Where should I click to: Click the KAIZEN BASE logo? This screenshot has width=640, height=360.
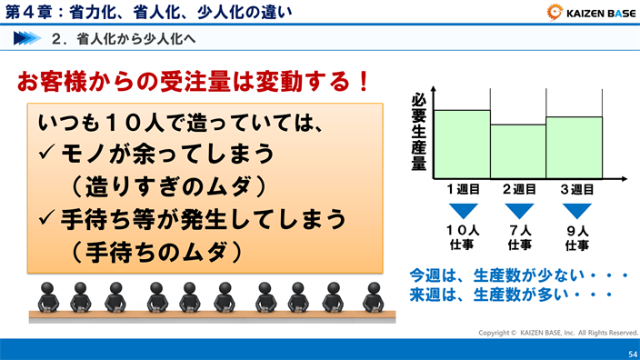(x=590, y=13)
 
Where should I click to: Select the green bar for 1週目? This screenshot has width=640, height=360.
(x=463, y=143)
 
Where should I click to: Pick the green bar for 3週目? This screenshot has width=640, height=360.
(x=574, y=146)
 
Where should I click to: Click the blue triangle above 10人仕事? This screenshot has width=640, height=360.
(x=464, y=211)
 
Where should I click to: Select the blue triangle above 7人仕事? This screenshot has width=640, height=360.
(x=519, y=211)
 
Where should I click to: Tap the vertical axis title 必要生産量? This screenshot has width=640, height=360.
(x=418, y=131)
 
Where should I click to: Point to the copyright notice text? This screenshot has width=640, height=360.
(x=558, y=333)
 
